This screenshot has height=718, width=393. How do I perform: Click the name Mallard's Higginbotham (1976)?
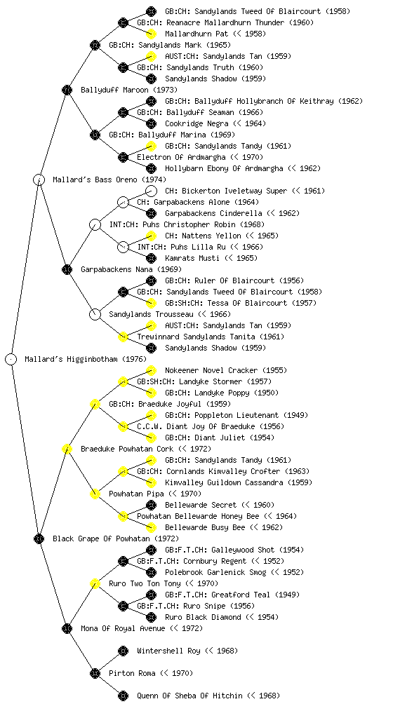(86, 360)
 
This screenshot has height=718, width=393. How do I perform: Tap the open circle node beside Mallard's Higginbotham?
(11, 360)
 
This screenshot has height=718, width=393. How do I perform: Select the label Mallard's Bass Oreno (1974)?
(109, 180)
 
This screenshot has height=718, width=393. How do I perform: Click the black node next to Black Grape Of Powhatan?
(39, 539)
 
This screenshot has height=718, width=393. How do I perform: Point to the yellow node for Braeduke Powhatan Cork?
(67, 449)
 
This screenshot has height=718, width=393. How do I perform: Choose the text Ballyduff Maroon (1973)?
(129, 90)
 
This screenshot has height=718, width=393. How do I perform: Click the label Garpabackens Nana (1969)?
(131, 270)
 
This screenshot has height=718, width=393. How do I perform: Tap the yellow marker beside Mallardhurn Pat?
(151, 34)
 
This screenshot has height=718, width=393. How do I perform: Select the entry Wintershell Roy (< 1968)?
(187, 651)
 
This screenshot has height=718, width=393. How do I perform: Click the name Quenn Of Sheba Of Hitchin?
(189, 696)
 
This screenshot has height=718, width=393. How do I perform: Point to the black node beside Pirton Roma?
(95, 674)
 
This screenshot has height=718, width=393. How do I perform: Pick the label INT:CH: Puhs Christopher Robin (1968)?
(187, 225)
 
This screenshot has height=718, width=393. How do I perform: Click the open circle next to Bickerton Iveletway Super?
(151, 191)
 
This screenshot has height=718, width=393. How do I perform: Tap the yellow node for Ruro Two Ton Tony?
(95, 584)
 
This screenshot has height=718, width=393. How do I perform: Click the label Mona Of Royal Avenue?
(123, 629)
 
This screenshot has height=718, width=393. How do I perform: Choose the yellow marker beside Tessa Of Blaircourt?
(151, 303)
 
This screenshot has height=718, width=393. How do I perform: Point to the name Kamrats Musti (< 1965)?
(211, 258)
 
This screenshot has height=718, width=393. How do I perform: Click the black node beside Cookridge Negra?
(151, 123)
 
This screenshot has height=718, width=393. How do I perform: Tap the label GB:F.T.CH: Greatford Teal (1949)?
(232, 595)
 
